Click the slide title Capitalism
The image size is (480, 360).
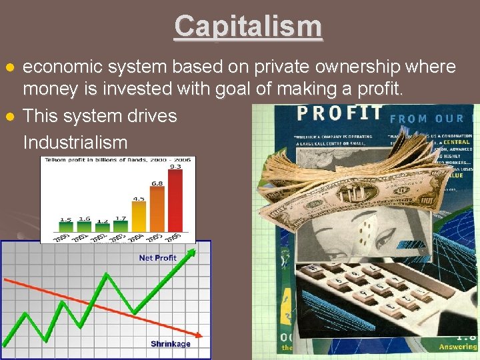[248, 27]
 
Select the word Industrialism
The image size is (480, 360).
[75, 142]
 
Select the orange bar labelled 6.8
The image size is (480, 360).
[157, 215]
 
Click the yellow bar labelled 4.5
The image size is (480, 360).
[139, 222]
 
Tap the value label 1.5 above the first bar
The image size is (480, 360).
[66, 219]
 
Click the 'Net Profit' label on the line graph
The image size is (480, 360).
[157, 258]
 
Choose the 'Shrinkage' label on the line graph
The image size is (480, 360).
[170, 344]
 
